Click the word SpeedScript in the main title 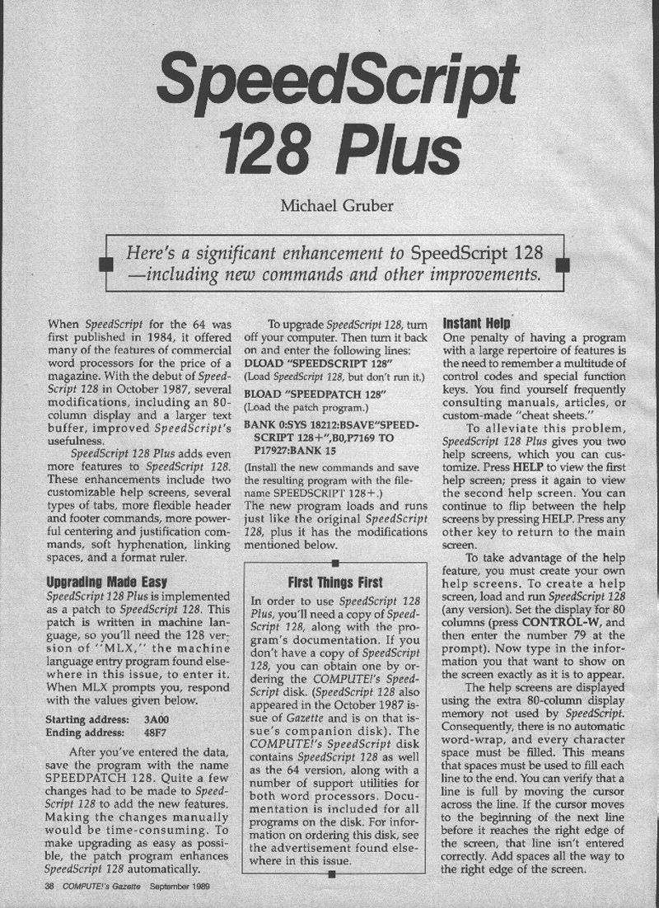point(339,78)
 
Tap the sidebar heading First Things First point(335,581)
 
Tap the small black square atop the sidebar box point(335,563)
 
